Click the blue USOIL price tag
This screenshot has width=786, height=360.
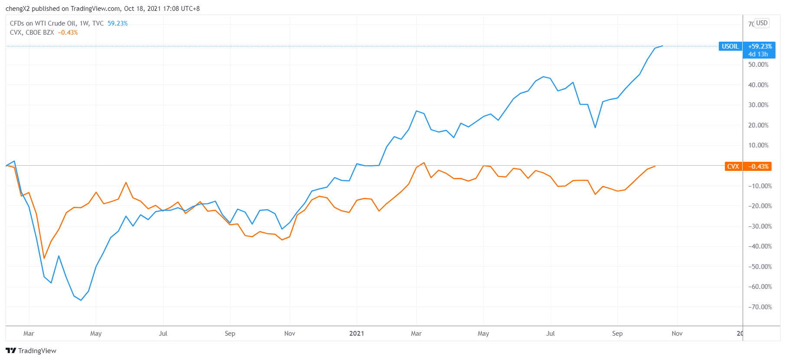[x=730, y=46]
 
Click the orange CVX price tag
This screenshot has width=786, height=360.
[x=733, y=167]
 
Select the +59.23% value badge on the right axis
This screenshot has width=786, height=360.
[x=760, y=46]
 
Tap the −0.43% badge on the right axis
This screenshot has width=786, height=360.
[x=758, y=167]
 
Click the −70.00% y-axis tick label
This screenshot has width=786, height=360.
[x=760, y=307]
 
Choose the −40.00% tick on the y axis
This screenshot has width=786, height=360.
[x=760, y=246]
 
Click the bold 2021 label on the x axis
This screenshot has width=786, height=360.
[x=356, y=334]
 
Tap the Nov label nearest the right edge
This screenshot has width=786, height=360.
[x=677, y=334]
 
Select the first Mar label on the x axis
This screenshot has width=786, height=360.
[x=29, y=334]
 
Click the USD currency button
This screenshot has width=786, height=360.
[x=762, y=23]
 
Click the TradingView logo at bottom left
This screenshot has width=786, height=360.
[x=31, y=350]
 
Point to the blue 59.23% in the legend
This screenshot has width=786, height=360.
[x=117, y=23]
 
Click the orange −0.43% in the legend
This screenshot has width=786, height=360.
[x=68, y=33]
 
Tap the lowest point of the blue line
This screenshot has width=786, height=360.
[x=81, y=300]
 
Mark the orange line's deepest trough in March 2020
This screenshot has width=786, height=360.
[x=44, y=258]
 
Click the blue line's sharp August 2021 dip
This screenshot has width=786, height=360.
[x=595, y=128]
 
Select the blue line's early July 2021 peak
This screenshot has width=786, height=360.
[x=543, y=77]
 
